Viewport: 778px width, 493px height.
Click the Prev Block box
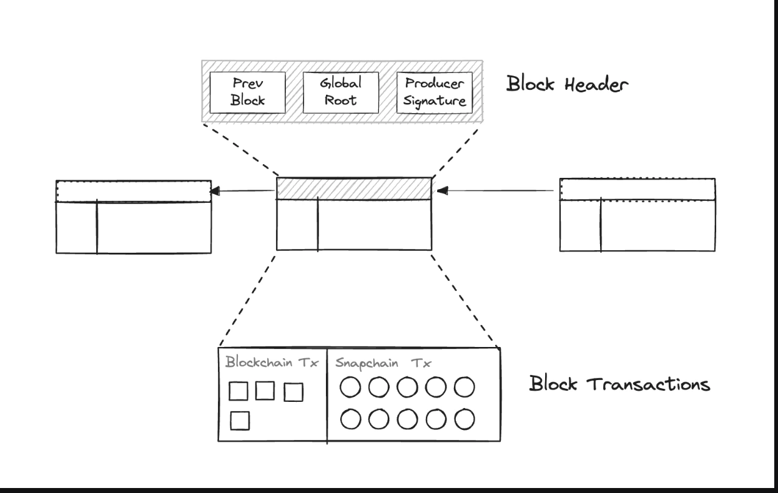(x=249, y=92)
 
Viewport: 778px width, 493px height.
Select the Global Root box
(x=341, y=92)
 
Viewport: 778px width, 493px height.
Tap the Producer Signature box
(x=435, y=92)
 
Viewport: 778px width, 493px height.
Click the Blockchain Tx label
(x=271, y=362)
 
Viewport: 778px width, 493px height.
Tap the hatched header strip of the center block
(x=354, y=188)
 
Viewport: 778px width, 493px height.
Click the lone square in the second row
(x=240, y=421)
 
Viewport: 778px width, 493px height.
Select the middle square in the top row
(x=266, y=391)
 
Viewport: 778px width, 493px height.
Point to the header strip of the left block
(x=133, y=191)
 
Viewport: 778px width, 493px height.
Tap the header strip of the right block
(x=637, y=189)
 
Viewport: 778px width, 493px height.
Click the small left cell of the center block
(x=297, y=225)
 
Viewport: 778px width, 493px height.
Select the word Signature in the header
(x=435, y=101)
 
